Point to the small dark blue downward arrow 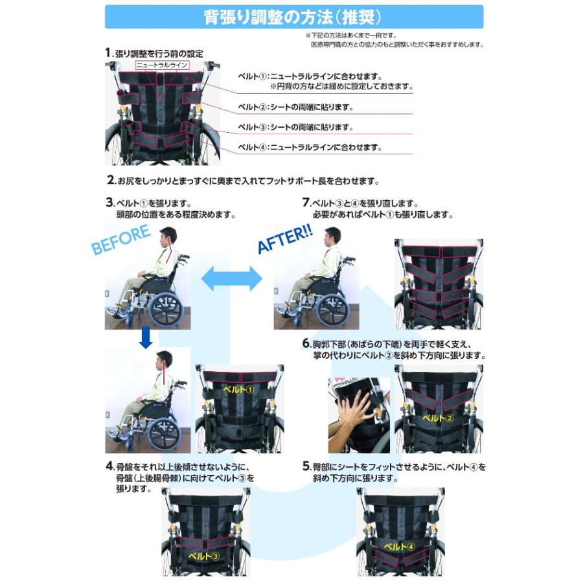146,337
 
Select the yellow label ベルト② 438,418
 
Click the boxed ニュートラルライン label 161,65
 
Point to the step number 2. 111,181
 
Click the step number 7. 306,202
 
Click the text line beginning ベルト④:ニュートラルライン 309,147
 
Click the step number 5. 306,466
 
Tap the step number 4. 109,466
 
